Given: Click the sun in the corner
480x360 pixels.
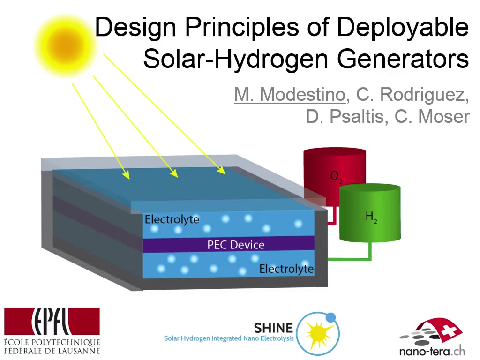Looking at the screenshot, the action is click(65, 46).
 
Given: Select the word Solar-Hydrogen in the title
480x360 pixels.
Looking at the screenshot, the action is click(235, 60).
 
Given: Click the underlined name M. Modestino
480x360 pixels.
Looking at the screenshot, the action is click(290, 94).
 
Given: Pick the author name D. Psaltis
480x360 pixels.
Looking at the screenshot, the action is click(345, 117).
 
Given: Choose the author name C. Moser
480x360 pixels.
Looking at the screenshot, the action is click(432, 117).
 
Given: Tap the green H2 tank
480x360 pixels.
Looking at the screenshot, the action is click(370, 213).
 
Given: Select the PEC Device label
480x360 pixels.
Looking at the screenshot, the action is click(236, 245).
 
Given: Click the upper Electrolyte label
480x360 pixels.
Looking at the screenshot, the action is click(172, 219).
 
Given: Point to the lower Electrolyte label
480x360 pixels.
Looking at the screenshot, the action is click(286, 269).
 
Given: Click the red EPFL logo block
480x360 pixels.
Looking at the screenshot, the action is click(52, 321).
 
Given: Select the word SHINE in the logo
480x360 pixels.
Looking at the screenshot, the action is click(273, 328).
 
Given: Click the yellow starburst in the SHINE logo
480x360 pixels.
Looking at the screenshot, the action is click(318, 334).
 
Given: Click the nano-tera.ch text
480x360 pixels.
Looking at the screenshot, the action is click(432, 351).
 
